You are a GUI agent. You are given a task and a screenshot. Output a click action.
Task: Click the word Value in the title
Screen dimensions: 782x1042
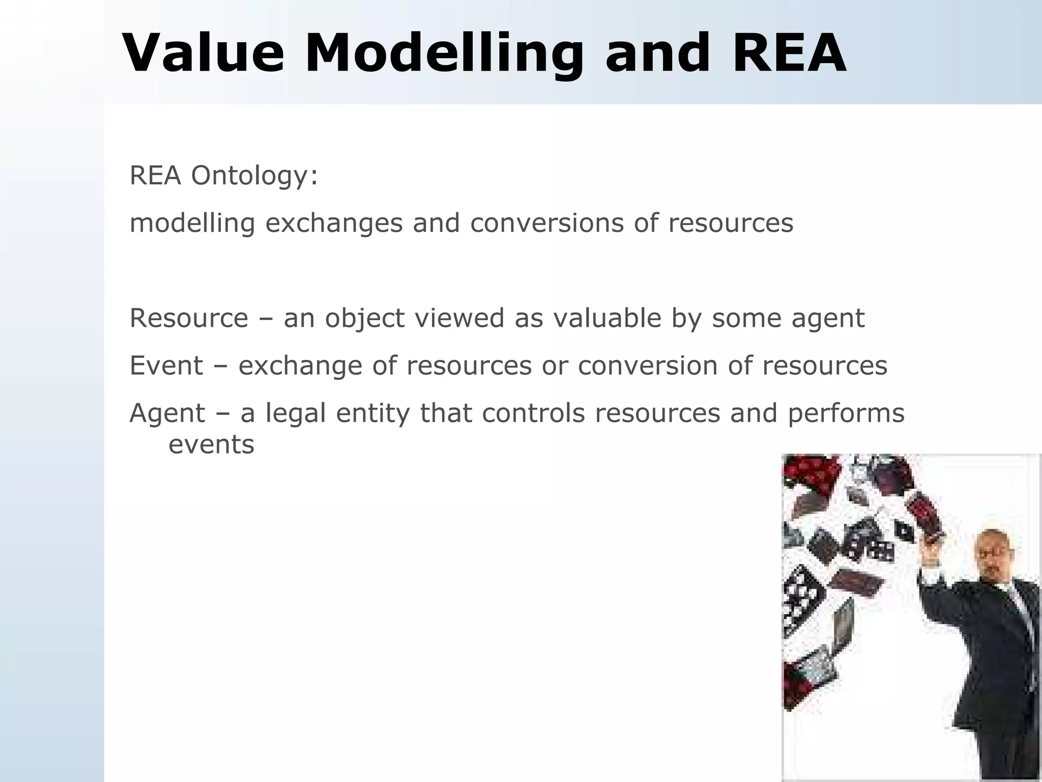204,53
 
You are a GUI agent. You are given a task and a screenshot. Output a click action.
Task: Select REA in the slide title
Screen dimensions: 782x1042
789,53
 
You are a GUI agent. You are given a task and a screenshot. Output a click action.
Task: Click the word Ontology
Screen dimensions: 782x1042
254,177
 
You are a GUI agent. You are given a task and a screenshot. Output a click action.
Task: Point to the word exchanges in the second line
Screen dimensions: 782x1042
334,223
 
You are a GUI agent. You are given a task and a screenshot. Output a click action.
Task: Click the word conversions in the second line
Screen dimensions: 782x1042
546,223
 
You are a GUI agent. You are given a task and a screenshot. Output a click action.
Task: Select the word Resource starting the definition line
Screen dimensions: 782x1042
189,318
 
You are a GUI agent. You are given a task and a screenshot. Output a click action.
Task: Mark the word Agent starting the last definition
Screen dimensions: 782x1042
167,413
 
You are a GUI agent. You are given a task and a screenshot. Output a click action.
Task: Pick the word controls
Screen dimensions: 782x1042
534,413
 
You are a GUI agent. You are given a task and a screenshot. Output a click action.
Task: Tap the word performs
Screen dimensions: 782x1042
846,413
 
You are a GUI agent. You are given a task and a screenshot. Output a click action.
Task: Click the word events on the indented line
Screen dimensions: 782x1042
211,444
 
